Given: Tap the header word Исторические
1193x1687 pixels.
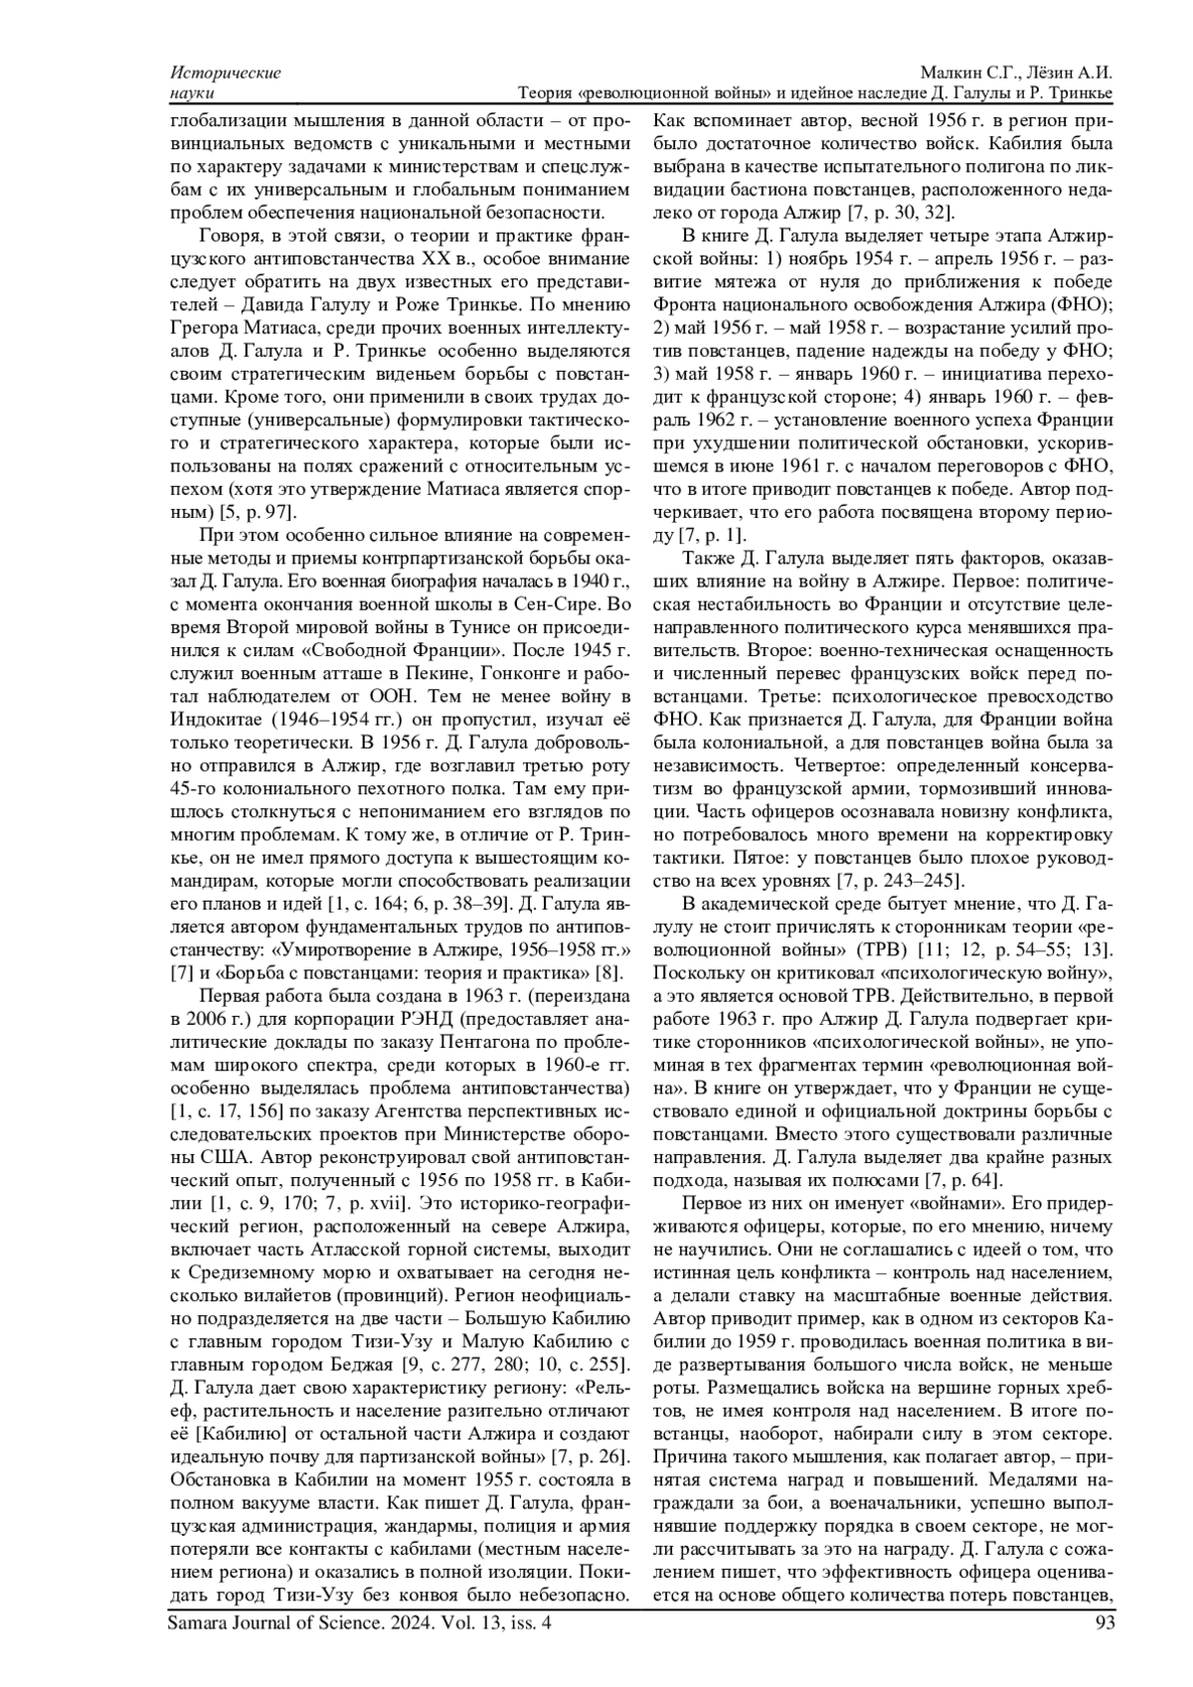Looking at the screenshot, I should [226, 73].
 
